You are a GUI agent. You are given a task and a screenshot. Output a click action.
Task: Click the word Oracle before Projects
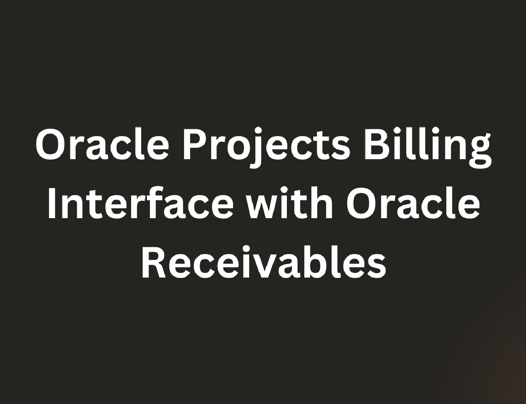point(102,144)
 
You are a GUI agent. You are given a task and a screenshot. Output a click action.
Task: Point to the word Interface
point(141,203)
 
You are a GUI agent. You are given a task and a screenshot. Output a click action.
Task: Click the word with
point(291,203)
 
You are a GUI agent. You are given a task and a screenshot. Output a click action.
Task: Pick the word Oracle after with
point(413,203)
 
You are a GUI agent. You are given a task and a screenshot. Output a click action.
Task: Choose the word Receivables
point(264,262)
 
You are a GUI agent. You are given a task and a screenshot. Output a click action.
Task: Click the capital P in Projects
point(196,145)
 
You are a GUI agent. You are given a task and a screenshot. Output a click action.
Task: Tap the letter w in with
point(266,207)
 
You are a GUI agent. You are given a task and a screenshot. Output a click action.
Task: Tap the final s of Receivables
point(376,266)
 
